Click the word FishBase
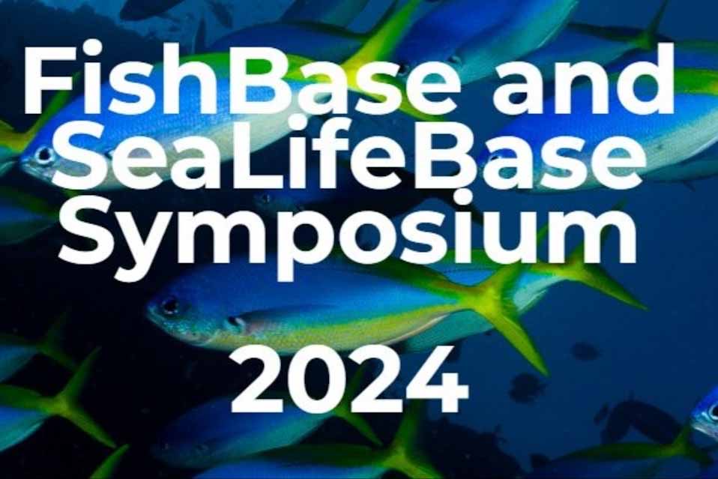(x=241, y=78)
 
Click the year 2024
(x=350, y=380)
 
